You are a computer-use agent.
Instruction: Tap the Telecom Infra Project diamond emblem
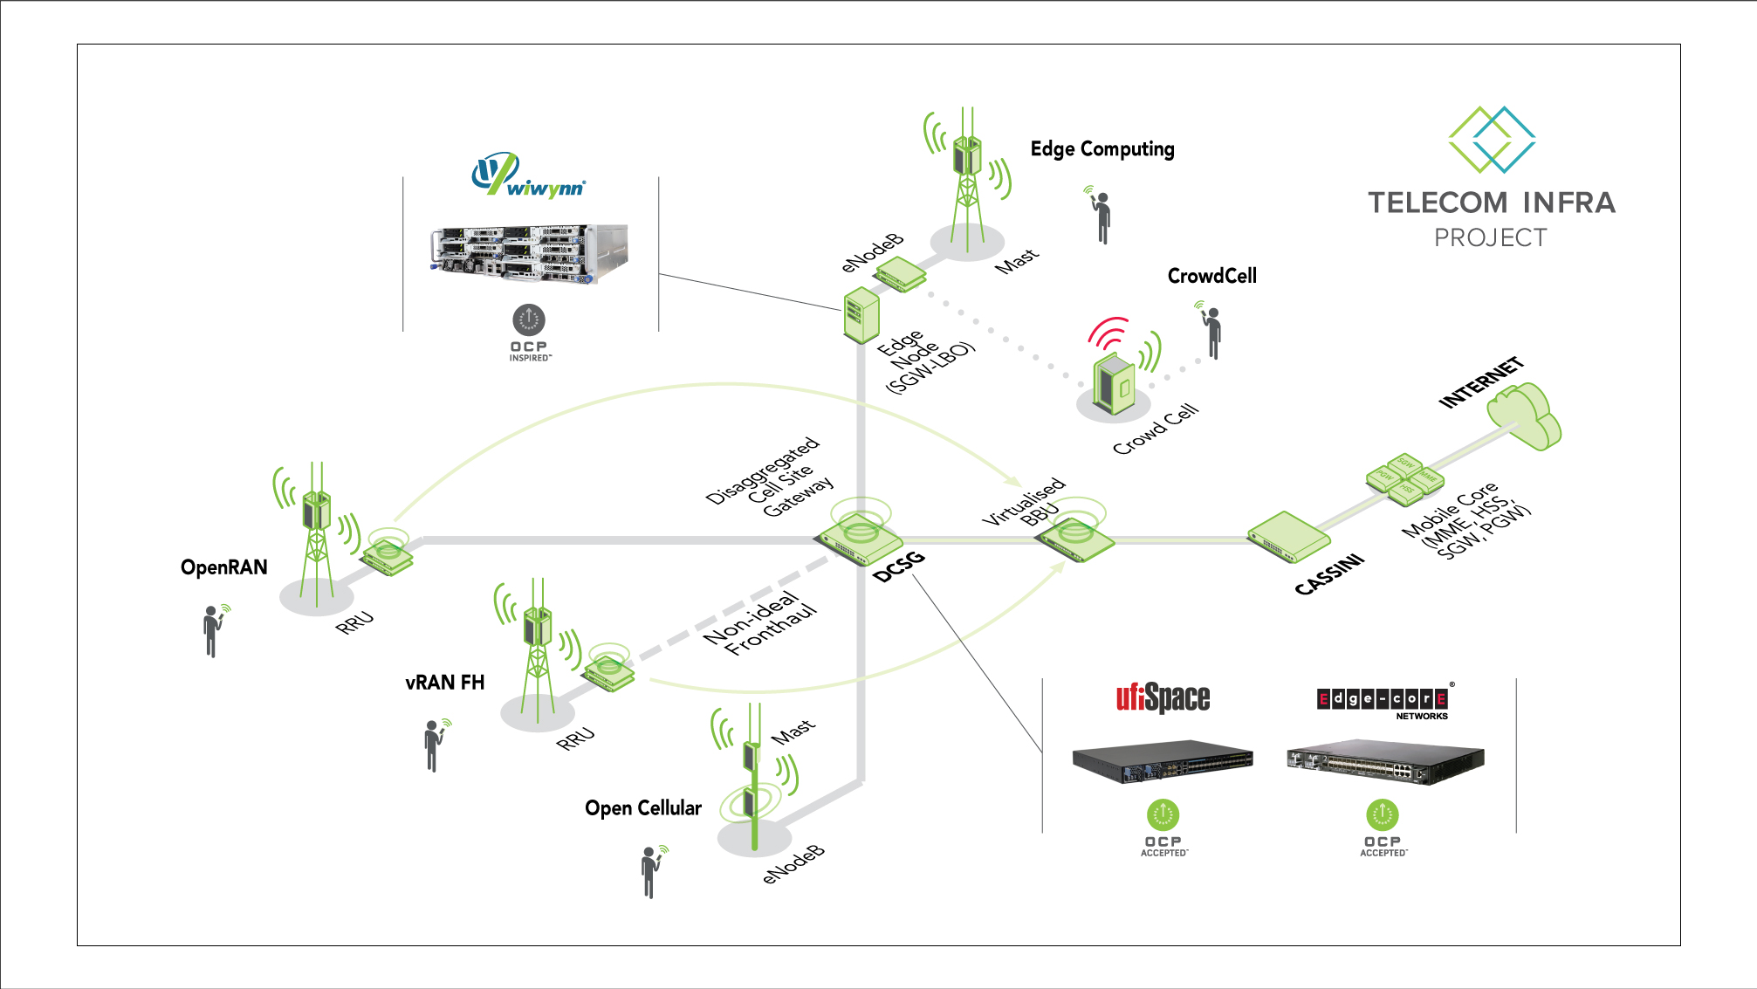click(x=1491, y=140)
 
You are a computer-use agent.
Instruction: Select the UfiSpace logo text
click(x=1163, y=697)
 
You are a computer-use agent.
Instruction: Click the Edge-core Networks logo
click(x=1383, y=700)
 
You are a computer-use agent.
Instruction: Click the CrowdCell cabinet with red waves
click(x=1115, y=382)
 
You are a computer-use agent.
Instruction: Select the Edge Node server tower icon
click(x=861, y=315)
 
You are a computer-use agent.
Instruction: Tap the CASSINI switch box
click(x=1287, y=538)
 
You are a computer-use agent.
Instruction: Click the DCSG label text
click(x=898, y=567)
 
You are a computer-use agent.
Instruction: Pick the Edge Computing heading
click(x=1102, y=149)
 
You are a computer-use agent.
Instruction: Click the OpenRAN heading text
click(x=223, y=567)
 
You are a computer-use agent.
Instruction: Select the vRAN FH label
click(x=444, y=683)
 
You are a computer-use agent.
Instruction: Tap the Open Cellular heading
click(x=642, y=808)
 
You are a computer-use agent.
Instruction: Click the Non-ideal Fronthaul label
click(x=759, y=623)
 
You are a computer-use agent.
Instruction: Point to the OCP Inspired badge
click(x=529, y=333)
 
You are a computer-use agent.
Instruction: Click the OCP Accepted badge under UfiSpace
click(x=1163, y=827)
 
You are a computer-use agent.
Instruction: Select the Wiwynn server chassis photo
click(x=528, y=253)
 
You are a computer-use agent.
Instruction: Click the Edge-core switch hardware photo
click(x=1384, y=763)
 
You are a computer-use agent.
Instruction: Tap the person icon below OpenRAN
click(x=211, y=629)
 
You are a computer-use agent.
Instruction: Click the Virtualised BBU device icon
click(x=1074, y=539)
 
